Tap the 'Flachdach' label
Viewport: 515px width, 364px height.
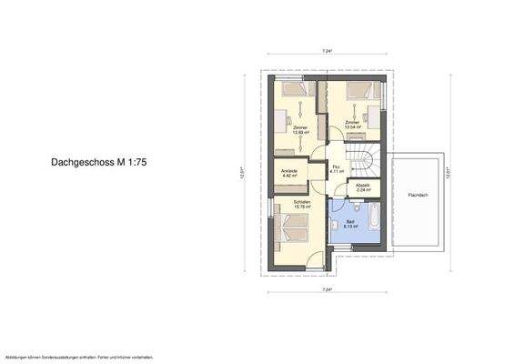418,193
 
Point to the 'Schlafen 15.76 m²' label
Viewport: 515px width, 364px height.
302,204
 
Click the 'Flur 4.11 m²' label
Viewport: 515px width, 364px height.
336,169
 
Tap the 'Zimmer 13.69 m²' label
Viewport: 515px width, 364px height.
300,129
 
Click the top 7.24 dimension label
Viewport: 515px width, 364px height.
325,52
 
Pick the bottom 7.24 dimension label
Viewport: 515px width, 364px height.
326,289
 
